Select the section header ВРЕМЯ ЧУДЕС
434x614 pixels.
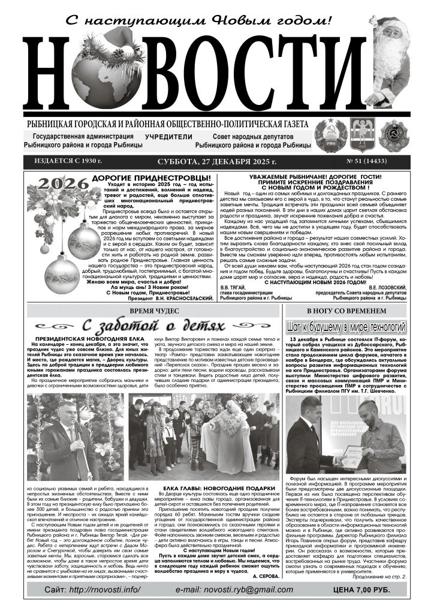155,311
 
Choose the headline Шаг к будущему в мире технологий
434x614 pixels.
347,327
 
